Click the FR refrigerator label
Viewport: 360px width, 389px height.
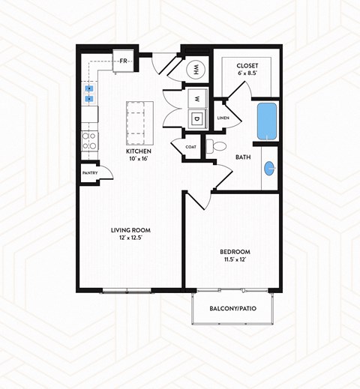(x=124, y=61)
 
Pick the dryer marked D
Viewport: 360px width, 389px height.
(x=195, y=118)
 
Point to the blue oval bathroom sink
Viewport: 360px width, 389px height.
(x=268, y=168)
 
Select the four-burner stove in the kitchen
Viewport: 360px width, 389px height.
(x=88, y=140)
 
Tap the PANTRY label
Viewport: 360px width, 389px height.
(x=91, y=173)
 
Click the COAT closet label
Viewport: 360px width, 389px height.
(x=191, y=147)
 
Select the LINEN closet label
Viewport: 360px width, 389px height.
(x=223, y=118)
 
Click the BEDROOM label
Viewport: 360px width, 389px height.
(x=235, y=252)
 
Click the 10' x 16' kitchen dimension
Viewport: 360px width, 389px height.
(x=139, y=159)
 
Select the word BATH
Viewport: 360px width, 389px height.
(x=243, y=157)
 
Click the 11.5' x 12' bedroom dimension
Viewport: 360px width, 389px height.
(x=235, y=260)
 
